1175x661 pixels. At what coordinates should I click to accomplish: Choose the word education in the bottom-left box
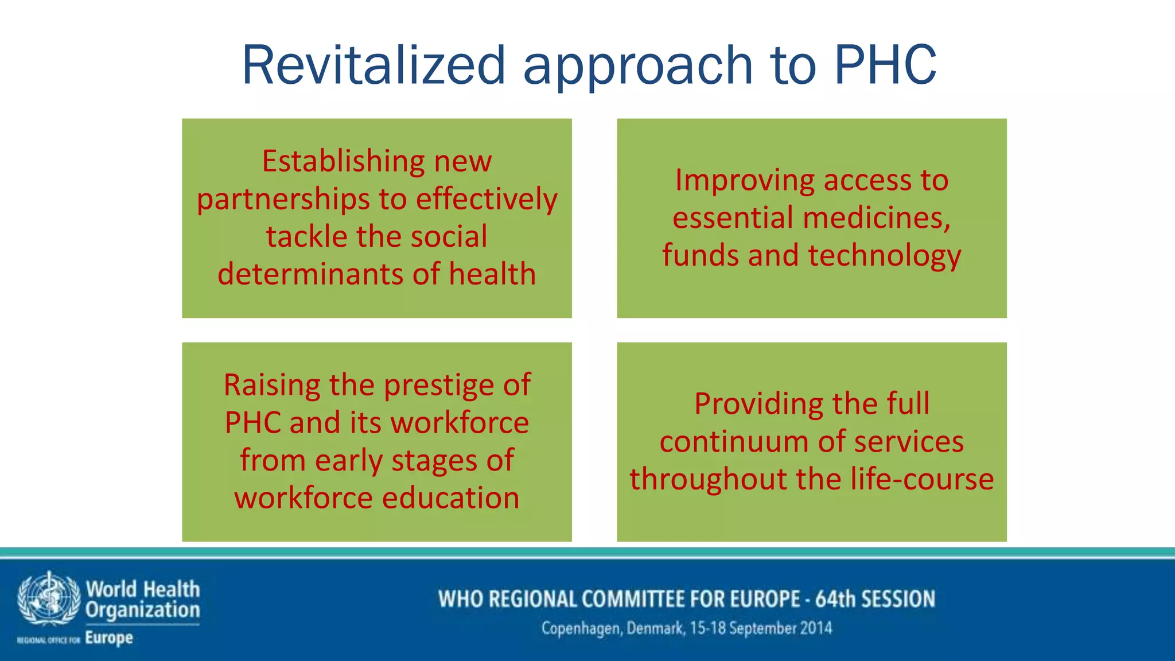pyautogui.click(x=450, y=498)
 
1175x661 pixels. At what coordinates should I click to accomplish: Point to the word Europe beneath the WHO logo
pyautogui.click(x=109, y=638)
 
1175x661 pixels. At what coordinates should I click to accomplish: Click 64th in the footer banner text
pyautogui.click(x=835, y=599)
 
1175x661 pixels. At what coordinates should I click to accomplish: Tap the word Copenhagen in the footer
pyautogui.click(x=581, y=629)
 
